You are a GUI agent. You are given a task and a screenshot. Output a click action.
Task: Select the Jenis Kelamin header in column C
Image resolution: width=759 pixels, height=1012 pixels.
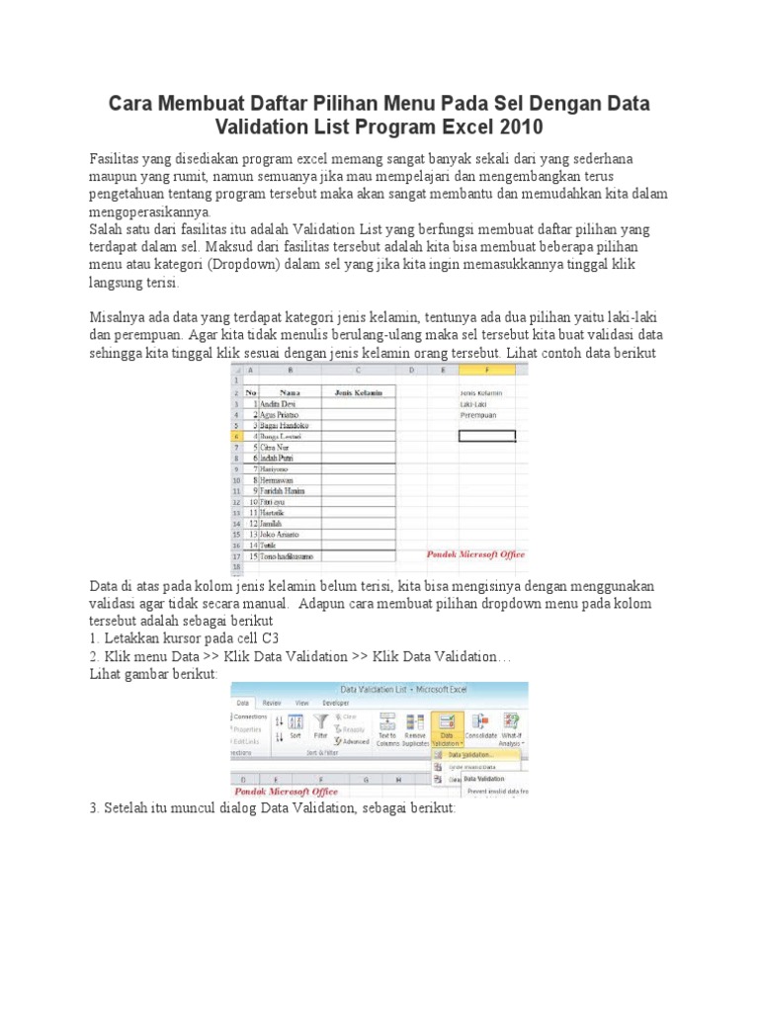tap(358, 392)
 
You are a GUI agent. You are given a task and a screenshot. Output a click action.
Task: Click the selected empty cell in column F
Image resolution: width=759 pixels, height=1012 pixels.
tap(486, 436)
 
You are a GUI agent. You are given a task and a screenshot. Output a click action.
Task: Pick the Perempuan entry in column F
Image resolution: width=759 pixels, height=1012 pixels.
tap(480, 414)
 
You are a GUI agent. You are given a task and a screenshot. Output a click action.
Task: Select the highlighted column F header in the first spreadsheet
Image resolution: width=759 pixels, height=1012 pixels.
tap(486, 371)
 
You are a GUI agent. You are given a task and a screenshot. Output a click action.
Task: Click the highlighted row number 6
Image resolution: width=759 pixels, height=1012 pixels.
tap(237, 436)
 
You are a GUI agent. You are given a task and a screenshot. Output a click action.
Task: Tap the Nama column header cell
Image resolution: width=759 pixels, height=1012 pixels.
tap(290, 392)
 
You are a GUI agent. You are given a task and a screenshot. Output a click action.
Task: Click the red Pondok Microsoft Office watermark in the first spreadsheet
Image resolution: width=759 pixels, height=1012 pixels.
tap(475, 555)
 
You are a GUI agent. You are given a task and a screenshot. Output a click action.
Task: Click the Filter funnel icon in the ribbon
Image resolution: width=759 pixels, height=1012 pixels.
tap(320, 723)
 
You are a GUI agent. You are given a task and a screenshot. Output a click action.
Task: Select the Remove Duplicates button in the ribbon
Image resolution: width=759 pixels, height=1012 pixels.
tap(415, 727)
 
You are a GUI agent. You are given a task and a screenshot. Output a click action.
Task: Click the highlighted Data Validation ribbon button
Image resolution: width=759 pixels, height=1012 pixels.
tap(447, 727)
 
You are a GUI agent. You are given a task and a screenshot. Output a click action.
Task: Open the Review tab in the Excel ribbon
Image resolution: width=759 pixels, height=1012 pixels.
tap(272, 701)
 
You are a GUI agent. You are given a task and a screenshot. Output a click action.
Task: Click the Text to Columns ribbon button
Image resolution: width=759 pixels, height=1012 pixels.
tap(386, 727)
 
